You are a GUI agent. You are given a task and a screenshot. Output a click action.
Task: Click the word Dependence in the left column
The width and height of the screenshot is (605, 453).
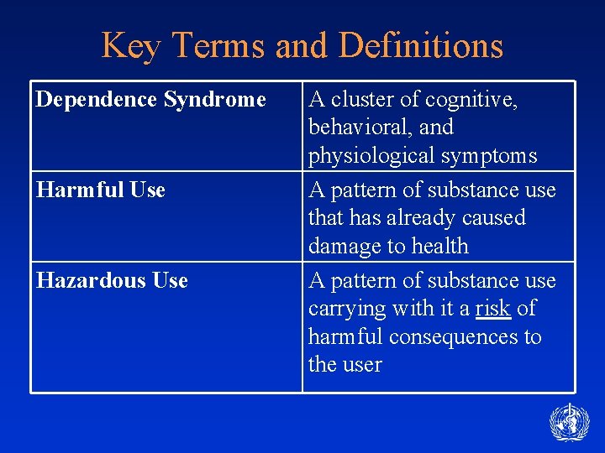point(97,100)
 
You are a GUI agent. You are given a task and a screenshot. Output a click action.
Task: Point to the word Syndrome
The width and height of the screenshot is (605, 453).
point(214,100)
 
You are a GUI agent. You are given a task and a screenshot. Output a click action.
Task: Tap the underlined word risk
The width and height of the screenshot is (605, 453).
point(492,309)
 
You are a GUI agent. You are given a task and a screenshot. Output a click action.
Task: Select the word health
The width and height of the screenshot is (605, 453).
point(438,247)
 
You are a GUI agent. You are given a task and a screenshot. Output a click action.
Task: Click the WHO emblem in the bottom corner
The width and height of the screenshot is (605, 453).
point(569,422)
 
